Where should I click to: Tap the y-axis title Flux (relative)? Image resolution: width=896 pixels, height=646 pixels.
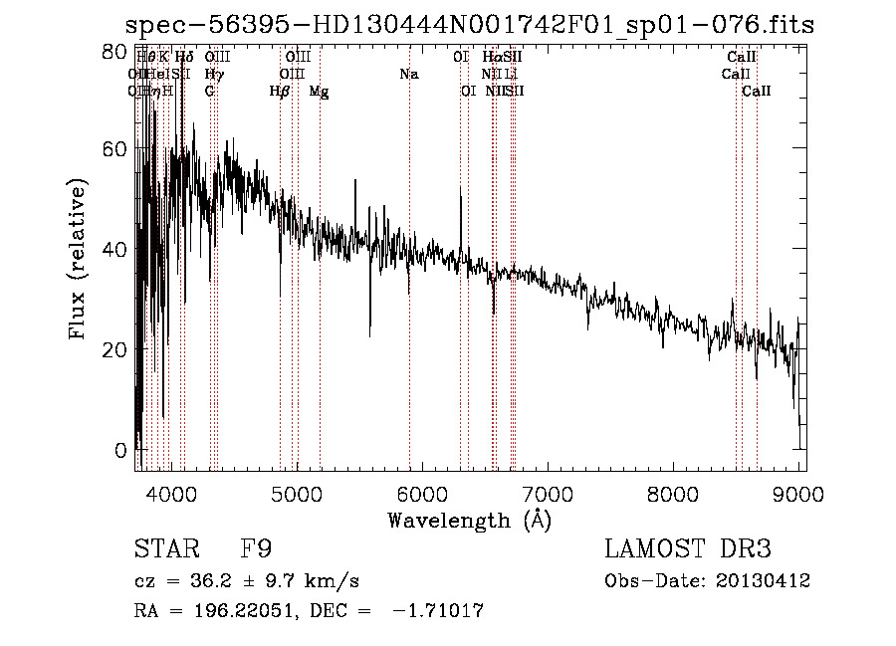click(x=79, y=261)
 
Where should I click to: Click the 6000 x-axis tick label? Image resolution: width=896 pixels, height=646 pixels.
click(x=422, y=493)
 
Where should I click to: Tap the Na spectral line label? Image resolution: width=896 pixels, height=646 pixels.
click(x=408, y=75)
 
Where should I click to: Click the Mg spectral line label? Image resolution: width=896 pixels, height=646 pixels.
click(x=319, y=92)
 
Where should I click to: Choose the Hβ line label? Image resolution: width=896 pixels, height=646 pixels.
click(x=280, y=92)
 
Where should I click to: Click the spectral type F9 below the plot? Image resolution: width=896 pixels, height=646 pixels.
click(x=256, y=549)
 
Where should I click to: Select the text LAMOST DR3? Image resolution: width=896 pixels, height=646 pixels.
click(x=688, y=549)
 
